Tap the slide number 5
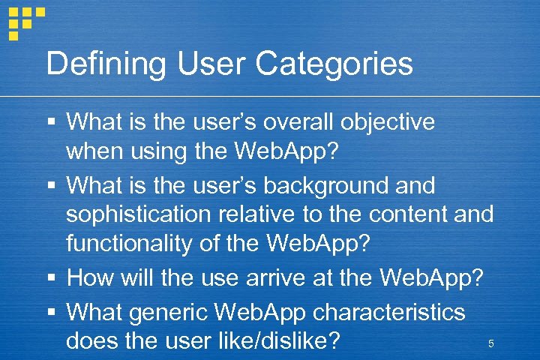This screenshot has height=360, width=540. coord(490,343)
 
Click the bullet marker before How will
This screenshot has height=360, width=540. coord(51,279)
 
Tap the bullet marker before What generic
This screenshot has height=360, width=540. coord(51,310)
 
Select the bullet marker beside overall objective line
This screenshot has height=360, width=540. coord(51,122)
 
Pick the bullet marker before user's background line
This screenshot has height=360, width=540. coord(51,185)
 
